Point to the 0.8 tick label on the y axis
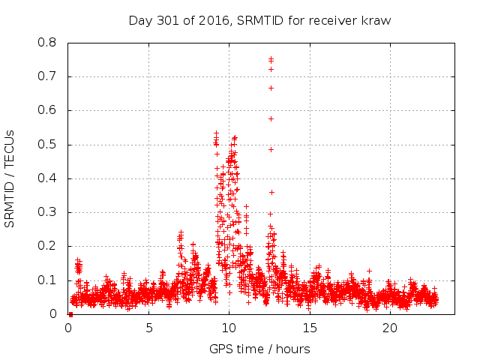(x=47, y=43)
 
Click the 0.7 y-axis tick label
(x=47, y=76)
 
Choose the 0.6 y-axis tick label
(x=47, y=110)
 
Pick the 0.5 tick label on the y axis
(x=47, y=144)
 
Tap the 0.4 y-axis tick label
(x=47, y=178)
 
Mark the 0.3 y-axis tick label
(x=47, y=212)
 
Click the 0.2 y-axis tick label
(x=47, y=246)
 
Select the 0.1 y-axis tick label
(x=47, y=280)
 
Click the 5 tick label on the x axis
(x=148, y=328)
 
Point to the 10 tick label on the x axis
(x=229, y=328)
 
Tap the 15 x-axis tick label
(x=310, y=328)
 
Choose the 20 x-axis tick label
(x=390, y=328)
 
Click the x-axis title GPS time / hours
(x=259, y=349)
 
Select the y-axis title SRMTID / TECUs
(x=10, y=178)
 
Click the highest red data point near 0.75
(x=271, y=58)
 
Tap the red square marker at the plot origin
(x=70, y=313)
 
